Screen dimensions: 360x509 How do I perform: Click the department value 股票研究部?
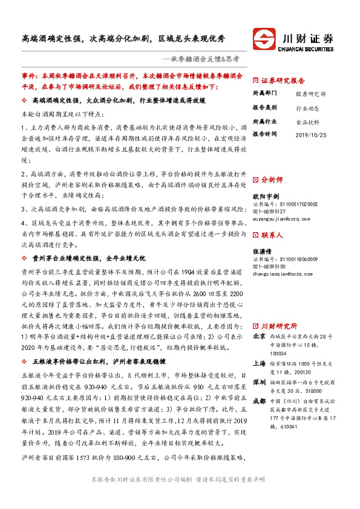(x=310, y=94)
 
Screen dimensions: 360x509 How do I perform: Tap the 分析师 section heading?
(x=272, y=180)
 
